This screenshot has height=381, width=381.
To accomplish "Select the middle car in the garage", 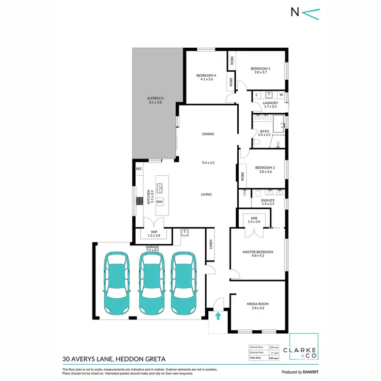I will (x=151, y=283).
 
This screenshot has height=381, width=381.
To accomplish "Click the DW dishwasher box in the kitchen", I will (x=160, y=202).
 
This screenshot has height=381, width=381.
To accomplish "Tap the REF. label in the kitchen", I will (x=138, y=169).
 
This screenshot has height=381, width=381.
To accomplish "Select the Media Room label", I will (x=258, y=304).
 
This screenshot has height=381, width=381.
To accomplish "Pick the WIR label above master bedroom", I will (x=255, y=219).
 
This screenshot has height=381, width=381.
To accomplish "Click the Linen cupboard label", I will (x=211, y=245).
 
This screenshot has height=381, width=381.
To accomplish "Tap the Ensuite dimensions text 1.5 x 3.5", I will (x=267, y=204).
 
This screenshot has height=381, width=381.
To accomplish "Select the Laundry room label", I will (x=269, y=103).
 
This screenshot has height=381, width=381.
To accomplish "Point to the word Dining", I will (x=208, y=134).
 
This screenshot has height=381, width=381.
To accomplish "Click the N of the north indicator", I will (x=295, y=13).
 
